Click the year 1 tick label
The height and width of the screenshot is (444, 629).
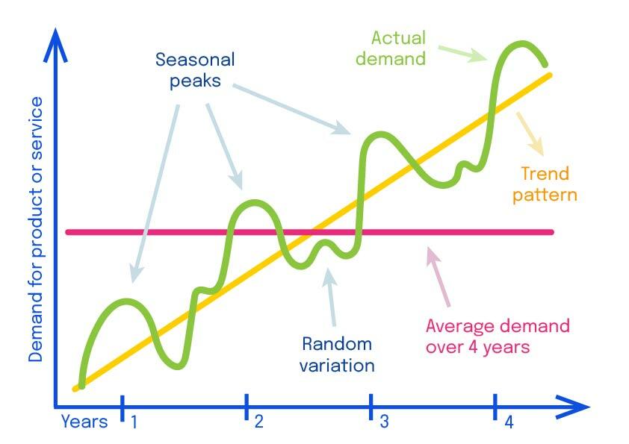[x=134, y=422]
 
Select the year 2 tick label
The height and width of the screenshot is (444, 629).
[x=258, y=422]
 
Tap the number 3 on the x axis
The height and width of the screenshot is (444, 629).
[x=384, y=422]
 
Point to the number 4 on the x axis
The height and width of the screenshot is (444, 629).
[x=509, y=422]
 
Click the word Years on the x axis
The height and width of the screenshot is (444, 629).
[x=84, y=422]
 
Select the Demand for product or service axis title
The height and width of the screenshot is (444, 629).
[x=35, y=229]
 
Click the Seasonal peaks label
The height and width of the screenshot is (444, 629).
[x=195, y=70]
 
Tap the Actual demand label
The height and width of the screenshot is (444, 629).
[x=391, y=48]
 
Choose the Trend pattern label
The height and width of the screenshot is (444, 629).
[x=545, y=184]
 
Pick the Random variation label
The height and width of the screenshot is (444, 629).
[x=337, y=354]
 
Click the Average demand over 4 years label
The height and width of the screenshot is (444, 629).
[x=498, y=337]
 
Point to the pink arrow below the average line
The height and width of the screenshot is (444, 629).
[x=438, y=277]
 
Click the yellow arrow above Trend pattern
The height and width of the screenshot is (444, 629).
[x=530, y=134]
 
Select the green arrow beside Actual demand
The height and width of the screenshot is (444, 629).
[x=462, y=54]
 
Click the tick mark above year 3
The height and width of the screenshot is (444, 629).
[x=371, y=407]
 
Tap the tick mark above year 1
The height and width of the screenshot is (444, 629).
[x=123, y=408]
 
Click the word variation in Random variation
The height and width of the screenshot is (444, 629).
[x=337, y=366]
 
